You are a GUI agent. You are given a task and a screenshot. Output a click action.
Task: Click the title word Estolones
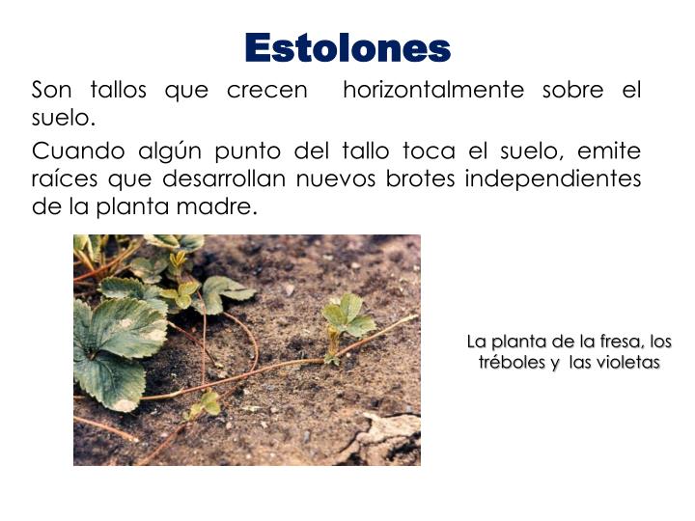(347, 47)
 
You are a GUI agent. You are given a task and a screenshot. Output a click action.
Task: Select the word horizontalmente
(433, 91)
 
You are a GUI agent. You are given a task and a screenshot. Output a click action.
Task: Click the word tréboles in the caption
(512, 363)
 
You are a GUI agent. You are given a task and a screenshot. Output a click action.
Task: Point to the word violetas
(628, 363)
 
